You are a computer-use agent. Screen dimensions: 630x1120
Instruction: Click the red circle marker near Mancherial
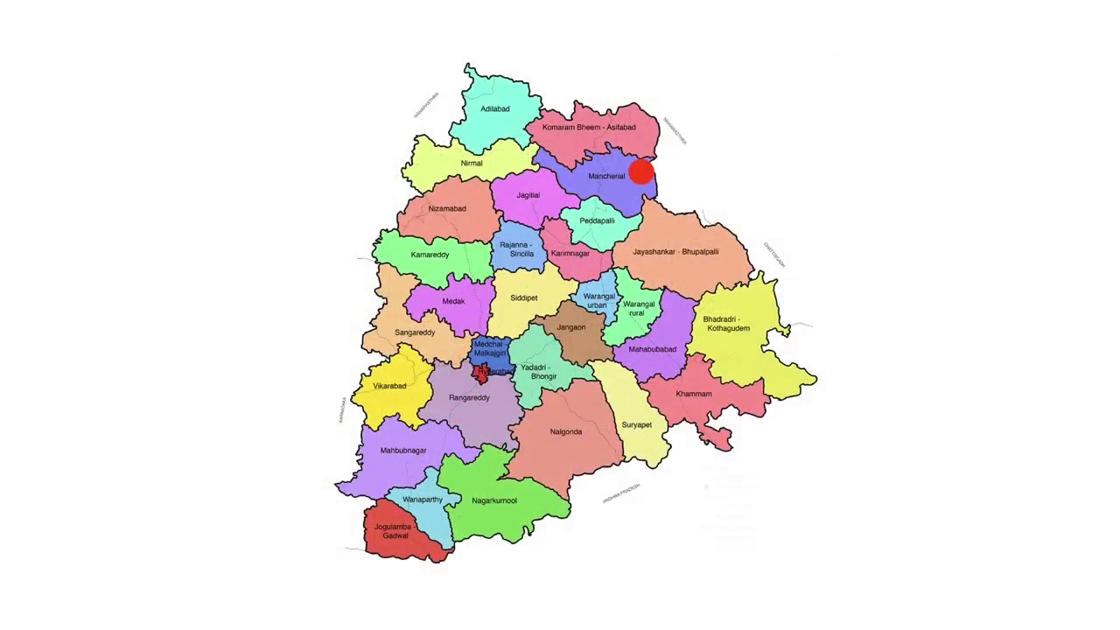click(640, 172)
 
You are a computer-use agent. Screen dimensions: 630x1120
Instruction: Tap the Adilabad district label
click(494, 109)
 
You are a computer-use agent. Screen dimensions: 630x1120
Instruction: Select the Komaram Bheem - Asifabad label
click(589, 128)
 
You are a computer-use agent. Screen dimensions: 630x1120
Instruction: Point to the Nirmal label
click(472, 164)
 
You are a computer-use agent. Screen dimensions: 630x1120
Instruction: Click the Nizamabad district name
click(447, 209)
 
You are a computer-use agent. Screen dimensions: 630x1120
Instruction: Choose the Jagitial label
click(528, 195)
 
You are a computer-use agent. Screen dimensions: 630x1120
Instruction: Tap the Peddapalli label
click(597, 221)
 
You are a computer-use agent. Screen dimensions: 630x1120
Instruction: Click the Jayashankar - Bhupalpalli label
click(675, 252)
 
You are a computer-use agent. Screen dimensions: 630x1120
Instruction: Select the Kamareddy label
click(430, 255)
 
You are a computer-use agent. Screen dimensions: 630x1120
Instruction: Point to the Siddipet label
click(524, 298)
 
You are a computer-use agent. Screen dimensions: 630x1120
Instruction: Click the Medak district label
click(453, 302)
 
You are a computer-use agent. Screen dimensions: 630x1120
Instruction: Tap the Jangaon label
click(571, 328)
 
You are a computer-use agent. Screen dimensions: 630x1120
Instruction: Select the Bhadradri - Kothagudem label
click(727, 324)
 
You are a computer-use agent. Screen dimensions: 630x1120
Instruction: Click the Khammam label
click(694, 395)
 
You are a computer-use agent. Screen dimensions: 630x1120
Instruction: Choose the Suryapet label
click(636, 425)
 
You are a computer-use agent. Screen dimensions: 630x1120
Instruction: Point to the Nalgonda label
click(566, 432)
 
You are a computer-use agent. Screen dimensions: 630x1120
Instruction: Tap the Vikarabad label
click(389, 387)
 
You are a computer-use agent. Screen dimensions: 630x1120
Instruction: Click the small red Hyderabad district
click(482, 374)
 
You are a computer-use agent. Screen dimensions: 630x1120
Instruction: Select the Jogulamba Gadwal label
click(394, 531)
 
